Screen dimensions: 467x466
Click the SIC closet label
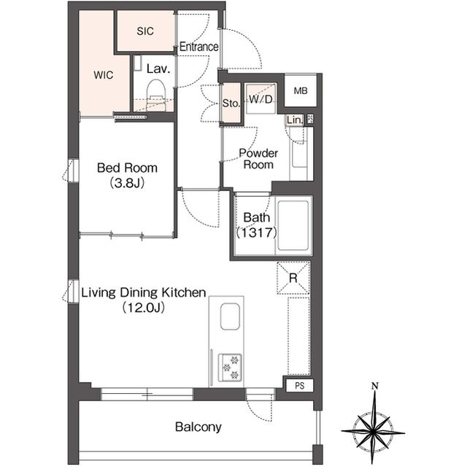pos(145,31)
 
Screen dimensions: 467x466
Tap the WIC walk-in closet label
pos(104,75)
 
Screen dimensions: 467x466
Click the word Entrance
pos(199,47)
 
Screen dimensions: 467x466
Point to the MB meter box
pos(301,90)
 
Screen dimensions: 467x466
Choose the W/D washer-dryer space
pos(261,99)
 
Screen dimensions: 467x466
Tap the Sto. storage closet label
pos(231,104)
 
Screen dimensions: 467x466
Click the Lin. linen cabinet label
pos(295,120)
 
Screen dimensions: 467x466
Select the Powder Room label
pos(258,158)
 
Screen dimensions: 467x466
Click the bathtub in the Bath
pos(293,225)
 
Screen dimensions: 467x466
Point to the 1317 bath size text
pos(257,233)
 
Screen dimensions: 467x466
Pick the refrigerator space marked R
pos(293,278)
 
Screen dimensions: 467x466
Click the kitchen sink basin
pos(230,317)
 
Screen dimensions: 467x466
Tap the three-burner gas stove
pos(230,368)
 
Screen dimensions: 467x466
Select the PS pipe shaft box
pos(300,386)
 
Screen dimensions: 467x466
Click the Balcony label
pos(198,427)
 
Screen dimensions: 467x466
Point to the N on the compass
pos(375,387)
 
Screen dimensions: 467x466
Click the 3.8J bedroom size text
pos(127,183)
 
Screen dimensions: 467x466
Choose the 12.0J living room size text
pos(144,308)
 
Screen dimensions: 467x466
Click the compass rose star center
pos(373,431)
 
